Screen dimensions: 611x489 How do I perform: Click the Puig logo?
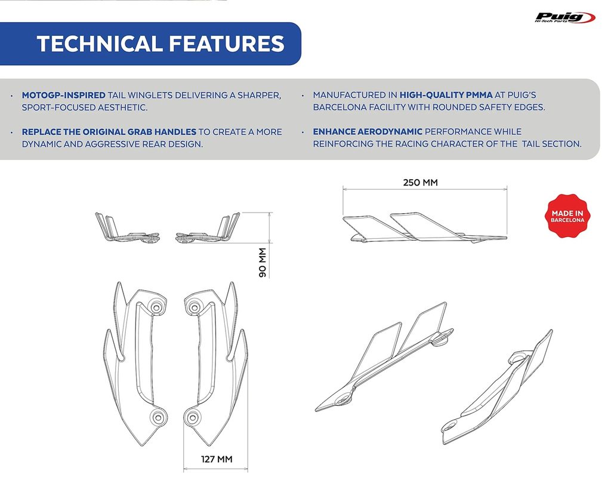[x=565, y=17]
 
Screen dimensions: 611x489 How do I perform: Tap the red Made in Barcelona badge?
[x=567, y=216]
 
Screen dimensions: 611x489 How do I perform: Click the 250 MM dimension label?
[x=421, y=183]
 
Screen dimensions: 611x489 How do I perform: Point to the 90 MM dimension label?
[x=263, y=263]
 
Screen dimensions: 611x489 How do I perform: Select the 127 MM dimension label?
[x=217, y=459]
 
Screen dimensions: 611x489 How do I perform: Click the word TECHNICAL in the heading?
[x=99, y=43]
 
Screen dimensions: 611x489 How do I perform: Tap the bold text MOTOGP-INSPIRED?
[x=63, y=95]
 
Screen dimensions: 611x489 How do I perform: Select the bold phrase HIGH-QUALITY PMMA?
[x=446, y=95]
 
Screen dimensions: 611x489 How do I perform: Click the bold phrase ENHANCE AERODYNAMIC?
[x=368, y=132]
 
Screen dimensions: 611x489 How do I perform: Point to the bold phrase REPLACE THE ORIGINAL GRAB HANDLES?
[x=109, y=132]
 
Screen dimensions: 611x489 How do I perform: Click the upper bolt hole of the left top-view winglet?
[x=156, y=307]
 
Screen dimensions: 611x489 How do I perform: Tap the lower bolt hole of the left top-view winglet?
[x=158, y=417]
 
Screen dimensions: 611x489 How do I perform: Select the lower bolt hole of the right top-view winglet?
[x=192, y=418]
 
